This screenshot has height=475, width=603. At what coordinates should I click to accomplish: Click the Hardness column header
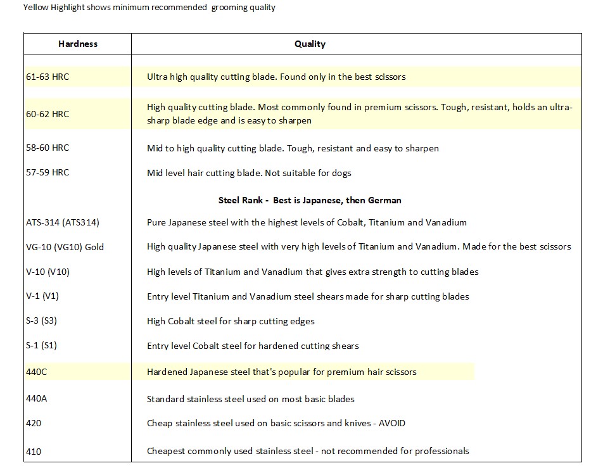78,44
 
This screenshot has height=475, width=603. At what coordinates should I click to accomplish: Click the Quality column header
310,44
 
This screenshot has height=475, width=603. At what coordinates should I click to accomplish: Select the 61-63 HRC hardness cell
48,77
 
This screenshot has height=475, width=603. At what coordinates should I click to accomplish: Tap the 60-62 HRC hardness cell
48,114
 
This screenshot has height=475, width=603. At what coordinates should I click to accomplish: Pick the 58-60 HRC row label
48,148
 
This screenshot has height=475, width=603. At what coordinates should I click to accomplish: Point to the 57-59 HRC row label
48,172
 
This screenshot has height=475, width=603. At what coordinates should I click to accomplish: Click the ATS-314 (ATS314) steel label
62,222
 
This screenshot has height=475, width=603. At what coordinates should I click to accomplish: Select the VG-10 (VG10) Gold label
65,247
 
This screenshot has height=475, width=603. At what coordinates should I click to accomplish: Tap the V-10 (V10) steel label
48,272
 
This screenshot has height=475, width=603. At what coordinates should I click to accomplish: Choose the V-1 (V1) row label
42,296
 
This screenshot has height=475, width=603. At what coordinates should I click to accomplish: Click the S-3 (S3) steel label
41,321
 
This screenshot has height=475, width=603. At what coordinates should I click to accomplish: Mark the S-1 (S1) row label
41,346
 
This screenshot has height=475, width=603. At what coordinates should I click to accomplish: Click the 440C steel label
36,372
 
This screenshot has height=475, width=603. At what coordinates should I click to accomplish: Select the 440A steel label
36,399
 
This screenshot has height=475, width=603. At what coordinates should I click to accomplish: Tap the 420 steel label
34,423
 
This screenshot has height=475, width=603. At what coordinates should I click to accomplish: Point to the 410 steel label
34,452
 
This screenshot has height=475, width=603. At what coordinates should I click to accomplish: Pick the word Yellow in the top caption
35,8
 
